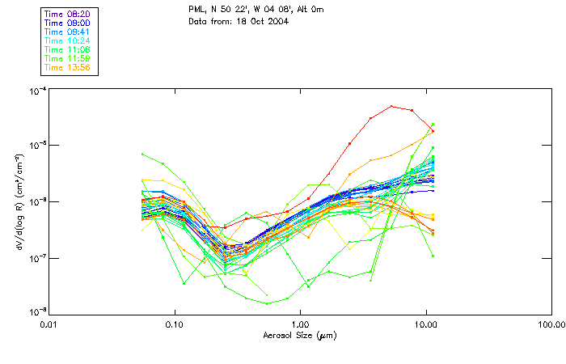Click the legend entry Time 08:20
tap(67, 14)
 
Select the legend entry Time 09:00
tap(67, 23)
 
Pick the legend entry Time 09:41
tap(67, 32)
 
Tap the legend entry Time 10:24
tap(67, 40)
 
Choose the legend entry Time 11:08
tap(67, 49)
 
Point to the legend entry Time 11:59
tap(67, 58)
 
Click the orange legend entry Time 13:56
tap(67, 67)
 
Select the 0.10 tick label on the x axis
tap(175, 325)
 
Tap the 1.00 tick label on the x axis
tap(301, 325)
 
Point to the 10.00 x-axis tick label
tap(426, 325)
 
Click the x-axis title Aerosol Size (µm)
tap(301, 335)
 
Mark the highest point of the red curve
tap(391, 106)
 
